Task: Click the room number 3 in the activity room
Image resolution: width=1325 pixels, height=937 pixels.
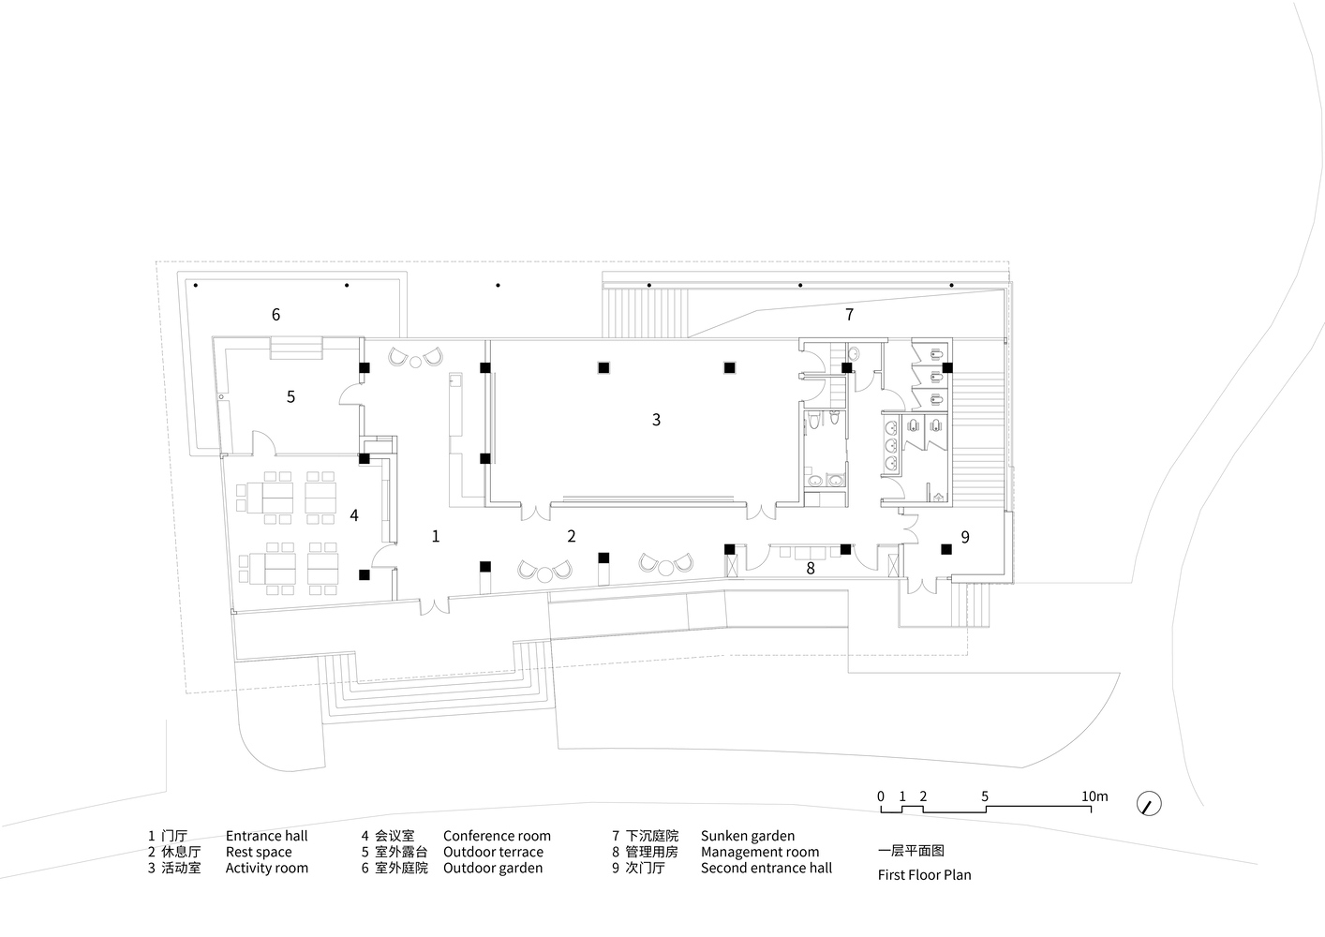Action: point(656,420)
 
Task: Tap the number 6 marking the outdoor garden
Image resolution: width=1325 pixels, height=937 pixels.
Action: point(275,315)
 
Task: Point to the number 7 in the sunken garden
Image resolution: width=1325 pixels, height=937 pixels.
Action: point(849,315)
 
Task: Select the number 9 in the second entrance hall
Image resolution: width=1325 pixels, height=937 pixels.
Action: point(965,537)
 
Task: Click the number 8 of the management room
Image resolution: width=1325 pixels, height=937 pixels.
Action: point(811,569)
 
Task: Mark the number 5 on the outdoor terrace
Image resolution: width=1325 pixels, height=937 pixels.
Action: point(290,397)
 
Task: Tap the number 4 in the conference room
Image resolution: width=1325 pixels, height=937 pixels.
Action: point(353,516)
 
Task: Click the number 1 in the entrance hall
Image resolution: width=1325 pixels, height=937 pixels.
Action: point(436,537)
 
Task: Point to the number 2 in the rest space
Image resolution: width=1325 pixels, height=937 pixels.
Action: point(571,537)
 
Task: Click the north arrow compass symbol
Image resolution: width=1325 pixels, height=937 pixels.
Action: point(1149,804)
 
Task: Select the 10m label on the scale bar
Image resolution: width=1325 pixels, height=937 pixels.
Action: point(1094,796)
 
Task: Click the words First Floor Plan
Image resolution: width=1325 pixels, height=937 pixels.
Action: point(924,875)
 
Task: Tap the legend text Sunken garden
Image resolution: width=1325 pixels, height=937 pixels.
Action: point(748,836)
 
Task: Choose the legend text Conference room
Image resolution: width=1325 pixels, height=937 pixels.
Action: point(497,836)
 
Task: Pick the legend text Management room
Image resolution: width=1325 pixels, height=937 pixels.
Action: point(760,852)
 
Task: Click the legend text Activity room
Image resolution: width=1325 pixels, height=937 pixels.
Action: point(267,868)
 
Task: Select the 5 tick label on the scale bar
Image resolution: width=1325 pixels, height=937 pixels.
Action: point(985,796)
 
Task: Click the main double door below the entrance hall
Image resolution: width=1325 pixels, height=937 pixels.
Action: point(434,605)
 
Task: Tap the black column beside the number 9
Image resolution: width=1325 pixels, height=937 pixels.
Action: point(946,549)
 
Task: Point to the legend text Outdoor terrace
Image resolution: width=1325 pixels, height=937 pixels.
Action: point(493,852)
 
